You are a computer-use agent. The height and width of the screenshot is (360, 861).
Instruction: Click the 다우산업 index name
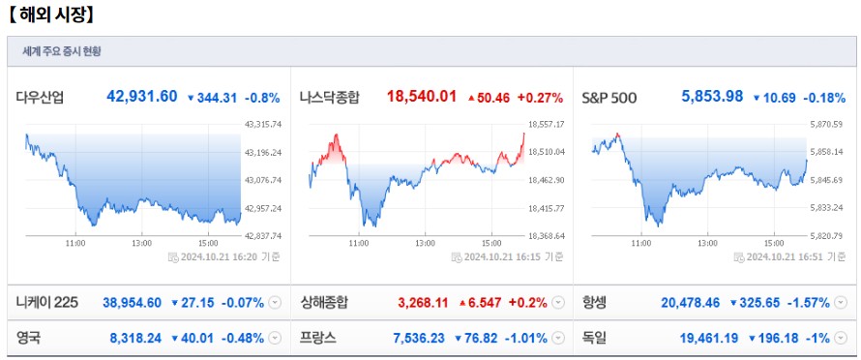click(x=40, y=97)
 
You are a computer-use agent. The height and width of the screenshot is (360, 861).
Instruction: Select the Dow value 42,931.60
click(x=142, y=97)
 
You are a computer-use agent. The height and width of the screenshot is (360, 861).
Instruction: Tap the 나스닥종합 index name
click(x=330, y=97)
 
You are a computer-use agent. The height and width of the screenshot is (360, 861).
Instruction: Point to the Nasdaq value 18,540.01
click(x=421, y=97)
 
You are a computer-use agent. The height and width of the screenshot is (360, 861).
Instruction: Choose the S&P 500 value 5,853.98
click(x=712, y=97)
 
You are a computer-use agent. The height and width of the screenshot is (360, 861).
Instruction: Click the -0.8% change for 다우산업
click(x=262, y=98)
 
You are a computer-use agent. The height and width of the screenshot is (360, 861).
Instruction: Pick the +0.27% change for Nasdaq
click(x=540, y=98)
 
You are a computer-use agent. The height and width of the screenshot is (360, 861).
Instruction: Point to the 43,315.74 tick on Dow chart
click(x=263, y=124)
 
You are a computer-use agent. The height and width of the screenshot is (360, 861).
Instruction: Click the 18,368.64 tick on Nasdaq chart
click(x=546, y=235)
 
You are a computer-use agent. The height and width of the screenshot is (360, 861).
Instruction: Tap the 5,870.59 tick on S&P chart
click(x=828, y=124)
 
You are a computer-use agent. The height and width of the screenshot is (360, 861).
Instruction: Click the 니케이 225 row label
click(x=46, y=303)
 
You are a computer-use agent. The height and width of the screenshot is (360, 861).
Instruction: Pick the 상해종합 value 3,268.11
click(x=423, y=303)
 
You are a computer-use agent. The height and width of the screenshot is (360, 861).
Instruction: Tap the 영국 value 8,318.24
click(x=135, y=338)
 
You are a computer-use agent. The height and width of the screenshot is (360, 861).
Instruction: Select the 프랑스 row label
click(x=318, y=338)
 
